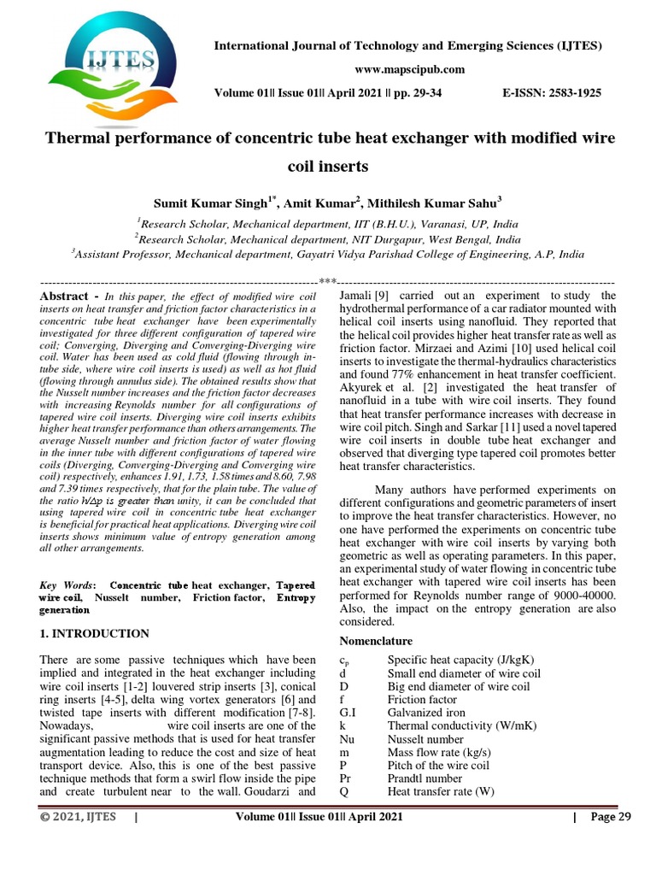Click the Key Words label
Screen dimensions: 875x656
coord(68,584)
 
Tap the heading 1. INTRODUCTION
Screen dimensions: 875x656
coord(95,633)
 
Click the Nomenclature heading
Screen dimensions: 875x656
coord(376,640)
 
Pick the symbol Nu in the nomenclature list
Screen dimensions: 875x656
coord(347,739)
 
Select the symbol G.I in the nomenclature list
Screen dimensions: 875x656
coord(348,712)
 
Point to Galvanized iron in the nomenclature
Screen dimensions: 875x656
coord(426,712)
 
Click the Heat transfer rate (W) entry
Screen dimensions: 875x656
coord(442,791)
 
